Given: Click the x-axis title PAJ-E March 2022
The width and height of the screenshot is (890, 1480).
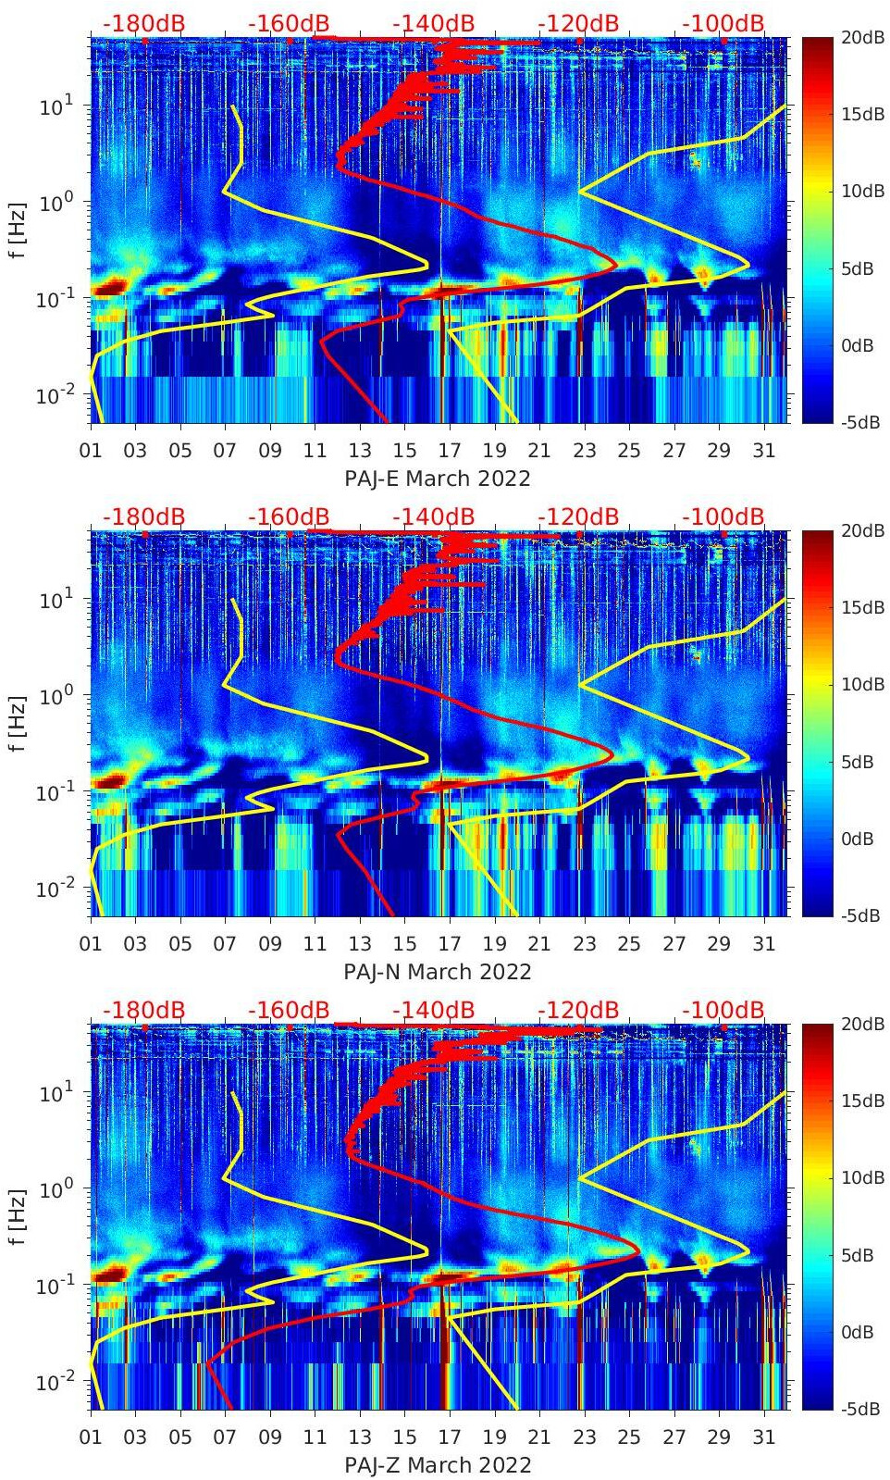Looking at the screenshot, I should [438, 479].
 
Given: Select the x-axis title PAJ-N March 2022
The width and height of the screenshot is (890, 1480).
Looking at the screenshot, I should [438, 972].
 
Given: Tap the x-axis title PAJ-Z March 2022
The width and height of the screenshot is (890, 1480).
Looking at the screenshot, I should [438, 1465].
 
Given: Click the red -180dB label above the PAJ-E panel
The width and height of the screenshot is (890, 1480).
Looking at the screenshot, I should [143, 23].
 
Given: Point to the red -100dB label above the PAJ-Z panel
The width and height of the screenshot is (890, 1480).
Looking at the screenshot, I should [723, 1010].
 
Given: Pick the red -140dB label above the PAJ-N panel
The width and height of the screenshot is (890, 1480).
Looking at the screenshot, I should [433, 516].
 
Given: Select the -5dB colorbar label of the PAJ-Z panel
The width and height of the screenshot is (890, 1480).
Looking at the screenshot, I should [861, 1409].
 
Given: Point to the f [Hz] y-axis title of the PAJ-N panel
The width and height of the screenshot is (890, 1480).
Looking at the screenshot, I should [18, 723].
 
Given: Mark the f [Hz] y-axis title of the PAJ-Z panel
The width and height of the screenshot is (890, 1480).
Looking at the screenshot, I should [18, 1216].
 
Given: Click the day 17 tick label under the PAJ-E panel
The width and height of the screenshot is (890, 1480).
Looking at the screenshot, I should [450, 451].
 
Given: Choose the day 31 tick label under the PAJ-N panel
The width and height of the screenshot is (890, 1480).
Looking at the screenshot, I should [763, 944].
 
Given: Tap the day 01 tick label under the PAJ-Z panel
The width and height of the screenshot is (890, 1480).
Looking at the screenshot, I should [91, 1437].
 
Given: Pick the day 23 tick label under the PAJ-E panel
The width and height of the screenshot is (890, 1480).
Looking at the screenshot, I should [584, 451].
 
